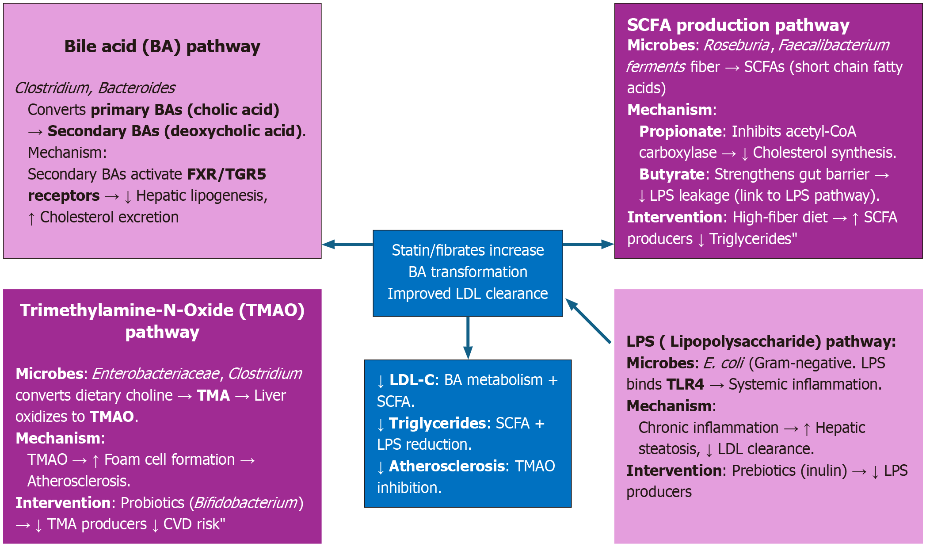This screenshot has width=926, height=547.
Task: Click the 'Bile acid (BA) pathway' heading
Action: pyautogui.click(x=162, y=46)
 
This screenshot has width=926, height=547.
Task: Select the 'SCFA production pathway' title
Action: pyautogui.click(x=738, y=25)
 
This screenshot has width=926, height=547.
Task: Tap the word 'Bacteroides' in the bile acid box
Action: pyautogui.click(x=137, y=88)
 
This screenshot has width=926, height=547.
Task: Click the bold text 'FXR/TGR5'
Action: pyautogui.click(x=226, y=174)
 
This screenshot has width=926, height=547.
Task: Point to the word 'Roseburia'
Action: pyautogui.click(x=736, y=45)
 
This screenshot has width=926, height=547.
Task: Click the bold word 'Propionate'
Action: pyautogui.click(x=680, y=131)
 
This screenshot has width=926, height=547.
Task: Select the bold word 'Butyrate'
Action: pyautogui.click(x=671, y=174)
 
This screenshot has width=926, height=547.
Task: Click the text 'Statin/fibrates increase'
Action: pyautogui.click(x=468, y=250)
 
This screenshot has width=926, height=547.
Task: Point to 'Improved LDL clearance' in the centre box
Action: pyautogui.click(x=468, y=294)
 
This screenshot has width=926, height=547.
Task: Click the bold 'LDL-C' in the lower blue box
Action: pyautogui.click(x=412, y=380)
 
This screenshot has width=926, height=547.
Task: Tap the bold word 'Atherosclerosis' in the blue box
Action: pyautogui.click(x=446, y=466)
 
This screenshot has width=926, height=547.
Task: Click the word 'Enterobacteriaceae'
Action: pyautogui.click(x=156, y=374)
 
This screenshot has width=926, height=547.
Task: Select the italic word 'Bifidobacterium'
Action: pyautogui.click(x=246, y=503)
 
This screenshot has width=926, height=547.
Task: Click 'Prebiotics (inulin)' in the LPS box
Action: pyautogui.click(x=789, y=470)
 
